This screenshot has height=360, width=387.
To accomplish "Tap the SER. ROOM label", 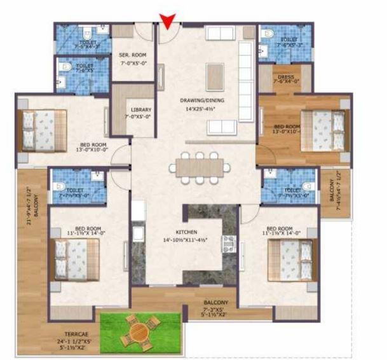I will [x=132, y=55].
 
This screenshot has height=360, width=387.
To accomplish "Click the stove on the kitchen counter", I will [x=227, y=243].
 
